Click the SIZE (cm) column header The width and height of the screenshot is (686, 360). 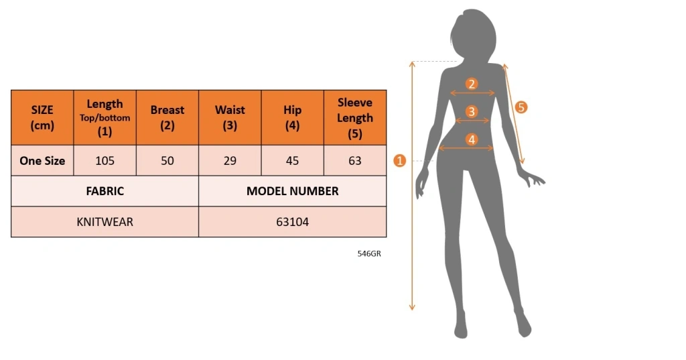click(x=42, y=117)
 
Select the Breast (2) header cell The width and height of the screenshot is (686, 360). click(x=167, y=117)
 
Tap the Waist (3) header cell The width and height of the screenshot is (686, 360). click(x=230, y=117)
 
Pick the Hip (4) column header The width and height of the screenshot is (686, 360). click(x=292, y=117)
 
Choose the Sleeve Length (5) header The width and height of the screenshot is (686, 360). click(x=355, y=117)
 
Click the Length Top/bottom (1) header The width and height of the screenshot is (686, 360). click(x=105, y=117)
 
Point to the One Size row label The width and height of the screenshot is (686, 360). click(x=42, y=161)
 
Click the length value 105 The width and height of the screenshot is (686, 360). click(x=105, y=161)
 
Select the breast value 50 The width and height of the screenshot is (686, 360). click(x=167, y=161)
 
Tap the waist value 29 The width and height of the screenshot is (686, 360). click(x=230, y=161)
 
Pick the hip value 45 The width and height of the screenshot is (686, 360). click(x=292, y=161)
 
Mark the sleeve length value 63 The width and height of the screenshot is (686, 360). click(x=355, y=161)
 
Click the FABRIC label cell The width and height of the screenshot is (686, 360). click(x=105, y=191)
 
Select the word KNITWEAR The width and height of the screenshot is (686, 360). click(x=105, y=222)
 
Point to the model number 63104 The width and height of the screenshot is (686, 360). click(x=292, y=222)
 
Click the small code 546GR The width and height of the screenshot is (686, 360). click(x=369, y=253)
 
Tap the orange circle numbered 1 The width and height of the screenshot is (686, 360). click(x=400, y=161)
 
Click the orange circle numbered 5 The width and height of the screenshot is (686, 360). click(x=521, y=107)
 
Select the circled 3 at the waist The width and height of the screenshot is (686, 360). click(x=471, y=111)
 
